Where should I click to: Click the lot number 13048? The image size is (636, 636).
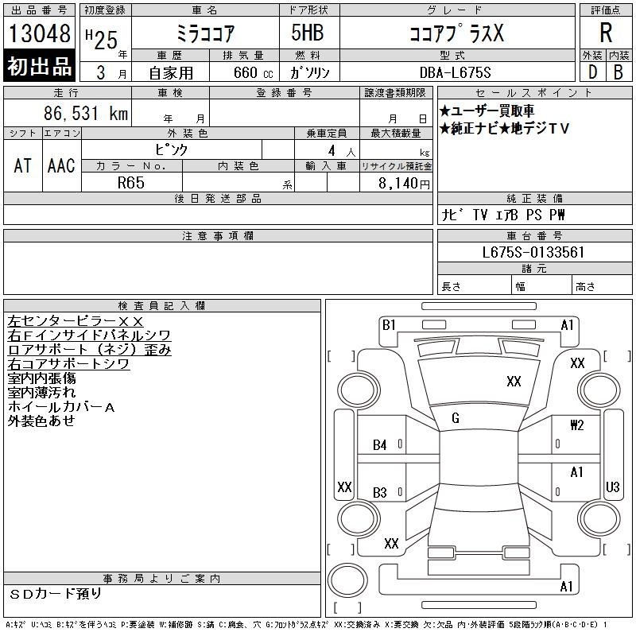click(39, 33)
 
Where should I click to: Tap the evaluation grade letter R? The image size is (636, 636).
click(606, 33)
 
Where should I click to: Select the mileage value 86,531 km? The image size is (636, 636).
click(86, 113)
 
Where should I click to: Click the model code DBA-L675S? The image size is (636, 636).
click(455, 72)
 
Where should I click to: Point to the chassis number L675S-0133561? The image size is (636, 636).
click(533, 252)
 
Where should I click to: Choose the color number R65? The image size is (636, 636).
click(131, 183)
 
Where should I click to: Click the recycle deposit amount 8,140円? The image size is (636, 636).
click(404, 184)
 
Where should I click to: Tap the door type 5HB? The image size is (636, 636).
click(308, 33)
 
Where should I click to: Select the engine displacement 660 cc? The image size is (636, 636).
click(253, 73)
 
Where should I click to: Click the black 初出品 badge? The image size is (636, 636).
click(39, 65)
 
